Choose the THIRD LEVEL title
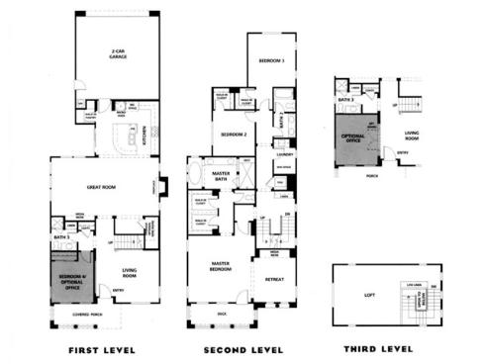[377, 349]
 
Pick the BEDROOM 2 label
[233, 134]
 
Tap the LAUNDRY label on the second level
[284, 154]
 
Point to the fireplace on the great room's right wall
[163, 186]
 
